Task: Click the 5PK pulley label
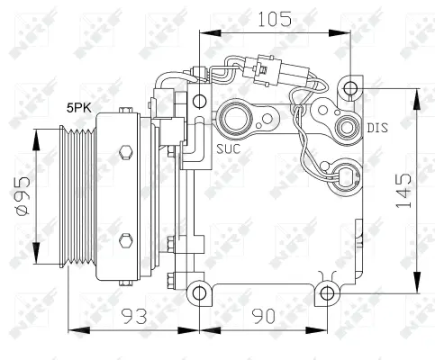[78, 108]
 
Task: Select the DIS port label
[376, 129]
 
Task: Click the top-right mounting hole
[350, 88]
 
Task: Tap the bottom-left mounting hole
[198, 292]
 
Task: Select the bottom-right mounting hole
[327, 292]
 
